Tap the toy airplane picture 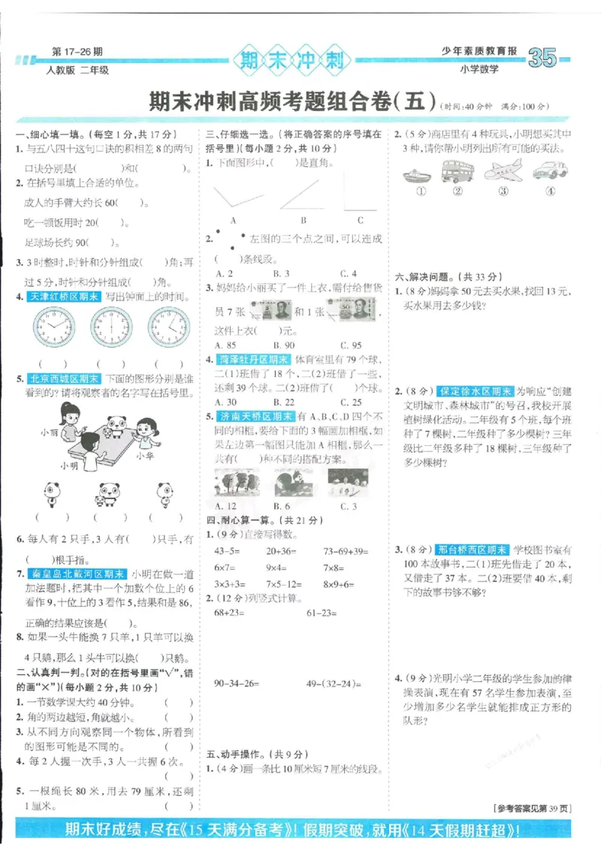click(x=503, y=170)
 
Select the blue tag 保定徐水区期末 click(x=476, y=391)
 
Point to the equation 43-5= click(x=228, y=550)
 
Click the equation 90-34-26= click(x=237, y=683)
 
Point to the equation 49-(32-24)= click(x=334, y=683)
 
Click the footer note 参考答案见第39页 click(x=533, y=808)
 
